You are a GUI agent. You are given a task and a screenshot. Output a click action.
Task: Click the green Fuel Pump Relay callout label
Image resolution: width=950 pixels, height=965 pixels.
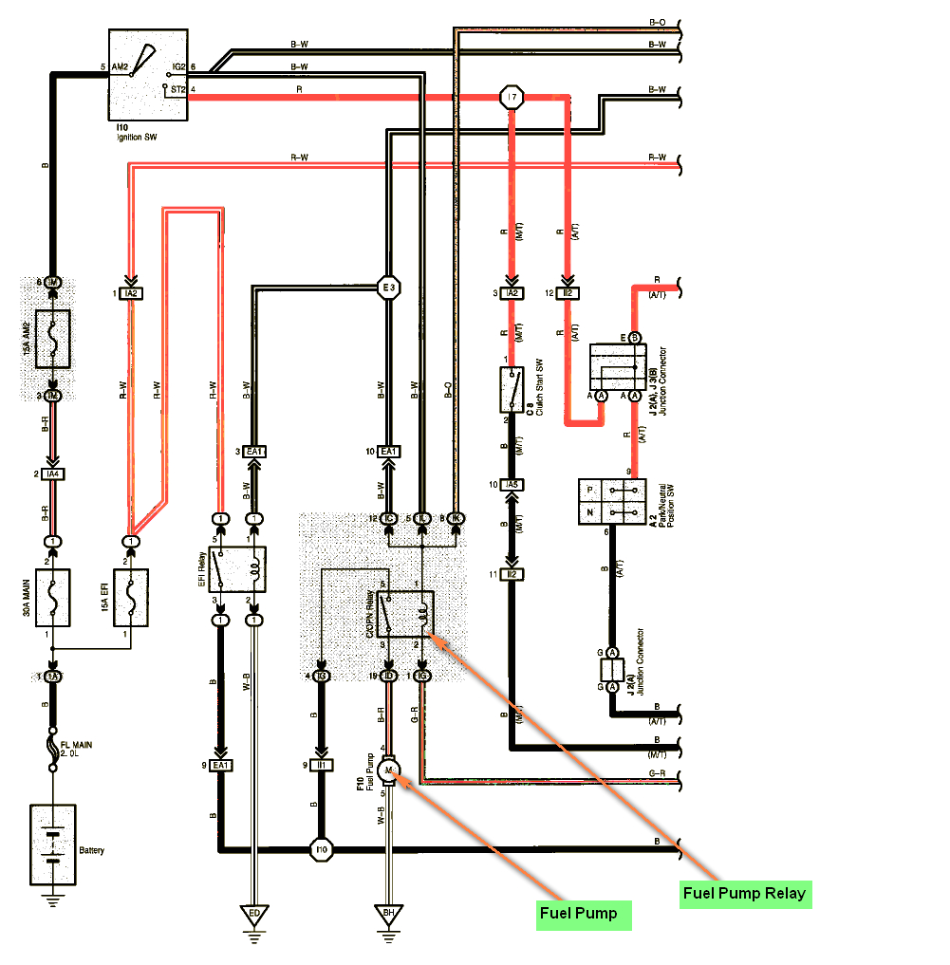[x=744, y=893]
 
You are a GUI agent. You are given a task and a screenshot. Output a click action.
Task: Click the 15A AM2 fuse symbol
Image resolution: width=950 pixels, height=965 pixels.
[x=53, y=339]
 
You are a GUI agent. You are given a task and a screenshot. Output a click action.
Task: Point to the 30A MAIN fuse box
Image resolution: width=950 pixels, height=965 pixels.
[x=53, y=598]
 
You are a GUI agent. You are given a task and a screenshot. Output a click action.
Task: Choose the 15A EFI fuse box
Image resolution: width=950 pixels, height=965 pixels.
[x=131, y=598]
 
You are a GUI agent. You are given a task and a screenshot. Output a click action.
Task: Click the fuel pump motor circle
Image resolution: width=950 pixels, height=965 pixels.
[x=388, y=769]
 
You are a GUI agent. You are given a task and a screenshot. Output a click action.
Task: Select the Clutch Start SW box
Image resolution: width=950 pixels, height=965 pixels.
[x=512, y=390]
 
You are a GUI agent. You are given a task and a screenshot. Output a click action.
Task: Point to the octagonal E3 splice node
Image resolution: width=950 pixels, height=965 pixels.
[x=388, y=288]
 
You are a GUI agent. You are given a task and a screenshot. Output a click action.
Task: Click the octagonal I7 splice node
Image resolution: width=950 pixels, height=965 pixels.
[x=512, y=97]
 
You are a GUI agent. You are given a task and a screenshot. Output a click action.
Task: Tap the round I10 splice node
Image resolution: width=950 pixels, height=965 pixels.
[x=322, y=849]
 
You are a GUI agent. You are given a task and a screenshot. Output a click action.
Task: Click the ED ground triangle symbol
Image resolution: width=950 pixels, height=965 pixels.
[x=253, y=916]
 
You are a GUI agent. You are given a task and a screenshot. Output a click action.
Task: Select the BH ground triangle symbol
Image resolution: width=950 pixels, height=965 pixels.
[x=388, y=916]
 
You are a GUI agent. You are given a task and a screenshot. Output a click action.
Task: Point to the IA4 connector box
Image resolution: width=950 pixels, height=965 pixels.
[x=53, y=473]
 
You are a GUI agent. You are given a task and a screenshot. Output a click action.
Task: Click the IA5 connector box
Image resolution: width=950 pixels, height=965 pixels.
[x=512, y=485]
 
